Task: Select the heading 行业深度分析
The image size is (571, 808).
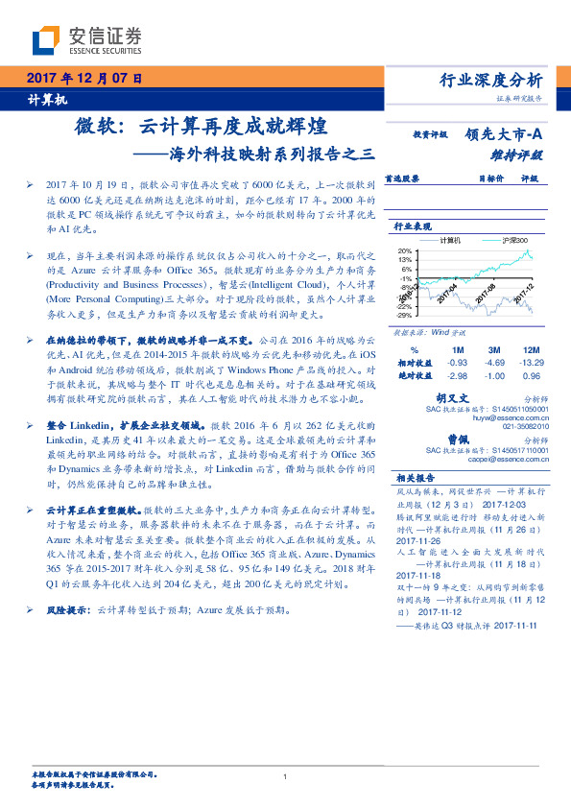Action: click(x=490, y=80)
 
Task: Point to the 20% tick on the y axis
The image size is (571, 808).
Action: click(x=406, y=250)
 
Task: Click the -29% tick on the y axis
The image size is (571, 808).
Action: click(x=405, y=314)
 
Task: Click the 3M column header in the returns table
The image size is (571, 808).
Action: click(x=494, y=350)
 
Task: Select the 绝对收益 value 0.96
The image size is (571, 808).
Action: click(x=531, y=375)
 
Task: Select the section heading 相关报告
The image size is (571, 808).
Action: click(x=415, y=477)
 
